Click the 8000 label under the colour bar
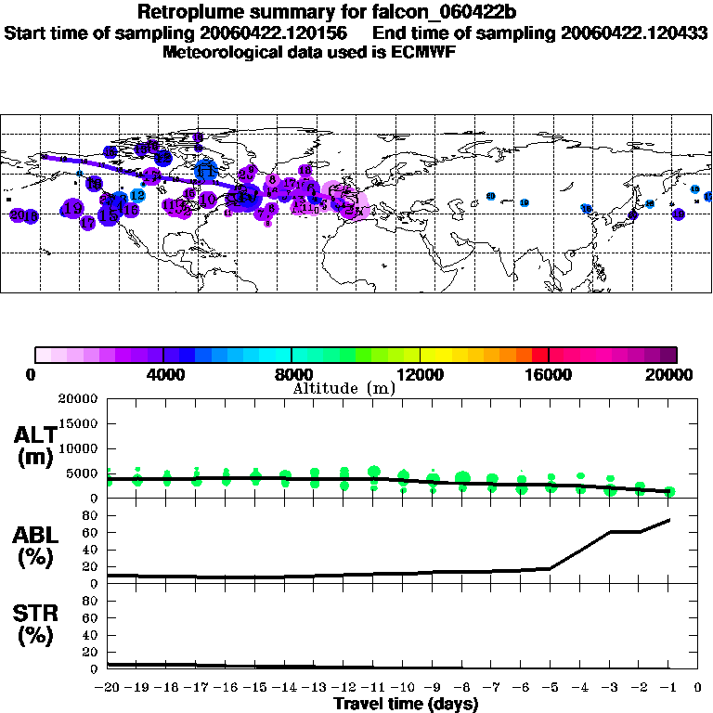[x=292, y=375]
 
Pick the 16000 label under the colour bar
[x=550, y=375]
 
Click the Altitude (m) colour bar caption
[x=344, y=389]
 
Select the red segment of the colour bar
[x=539, y=355]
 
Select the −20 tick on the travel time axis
[x=107, y=688]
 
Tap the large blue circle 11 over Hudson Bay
[x=206, y=169]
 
